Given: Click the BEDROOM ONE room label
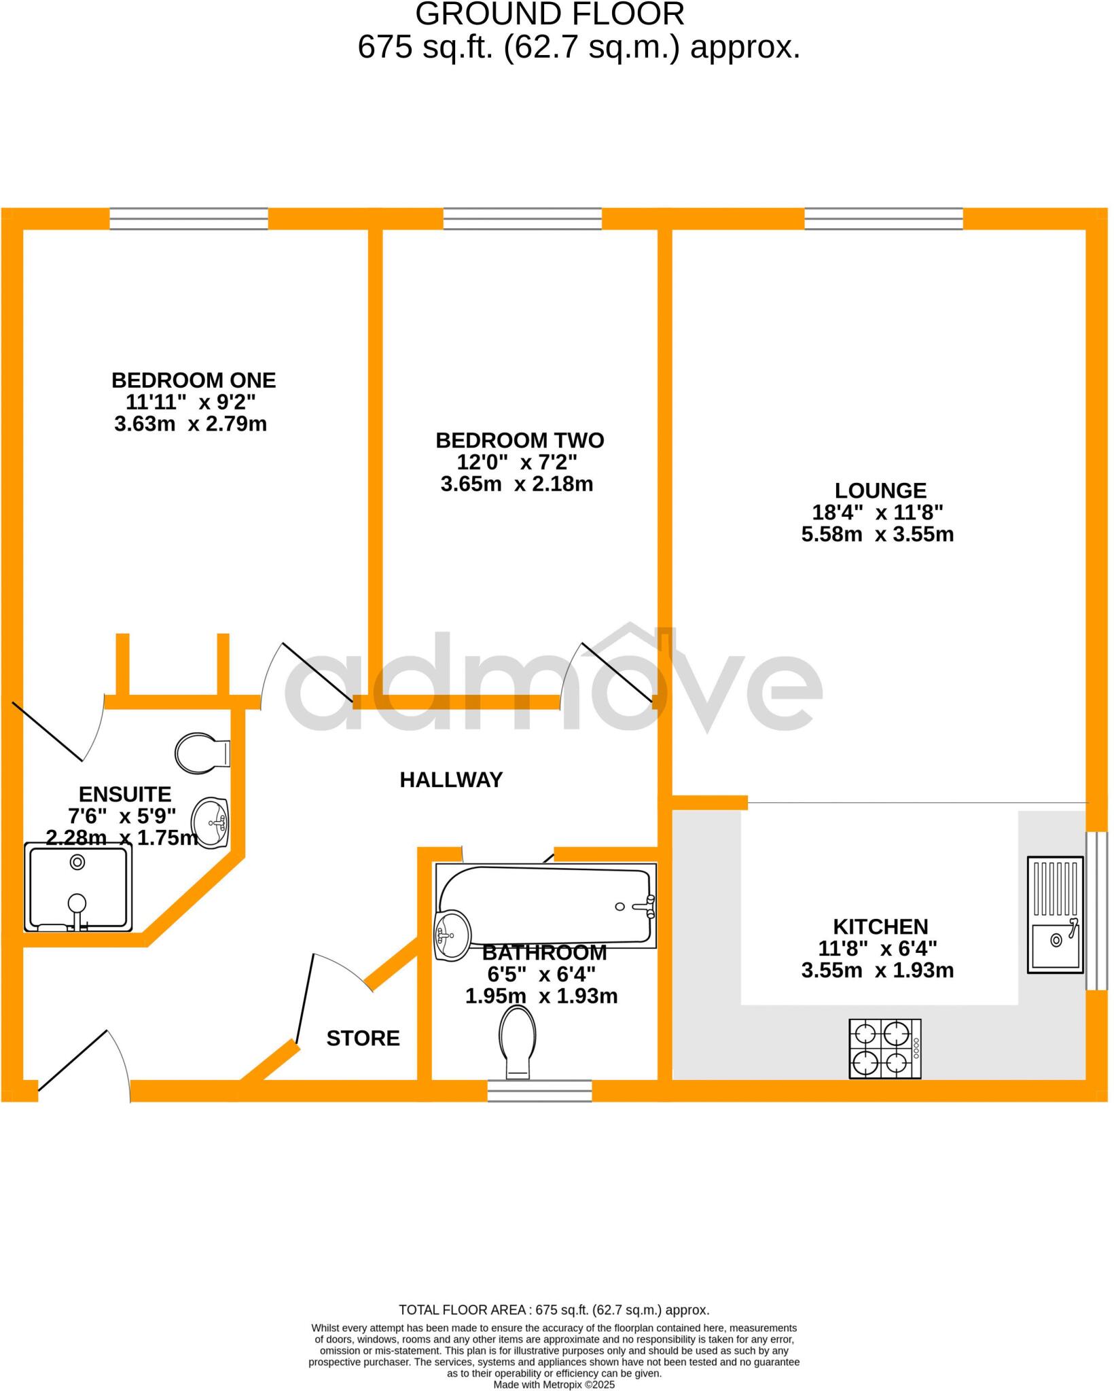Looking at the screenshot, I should pos(194,380).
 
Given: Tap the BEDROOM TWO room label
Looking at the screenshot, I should pos(520,440).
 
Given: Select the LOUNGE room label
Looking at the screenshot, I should pos(880,490).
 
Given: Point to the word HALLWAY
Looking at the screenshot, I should pos(451,780).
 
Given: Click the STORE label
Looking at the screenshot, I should pos(363,1038).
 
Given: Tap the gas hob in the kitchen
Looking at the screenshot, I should pos(884,1049).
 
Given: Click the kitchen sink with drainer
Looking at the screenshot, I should pos(1055,915).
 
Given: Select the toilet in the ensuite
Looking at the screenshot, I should pos(202,753).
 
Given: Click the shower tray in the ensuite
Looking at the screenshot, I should pos(78,887).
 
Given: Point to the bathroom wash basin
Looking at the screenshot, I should pos(452,935).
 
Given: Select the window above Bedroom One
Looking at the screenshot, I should pos(189,219).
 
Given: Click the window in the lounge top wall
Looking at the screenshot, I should pos(884,219).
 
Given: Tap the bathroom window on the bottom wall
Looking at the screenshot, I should pos(540,1090).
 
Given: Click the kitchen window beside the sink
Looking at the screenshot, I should pos(1096,910).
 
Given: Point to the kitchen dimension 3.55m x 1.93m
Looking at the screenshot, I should pos(878,971).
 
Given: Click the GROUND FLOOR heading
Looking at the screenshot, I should pos(550,14).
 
